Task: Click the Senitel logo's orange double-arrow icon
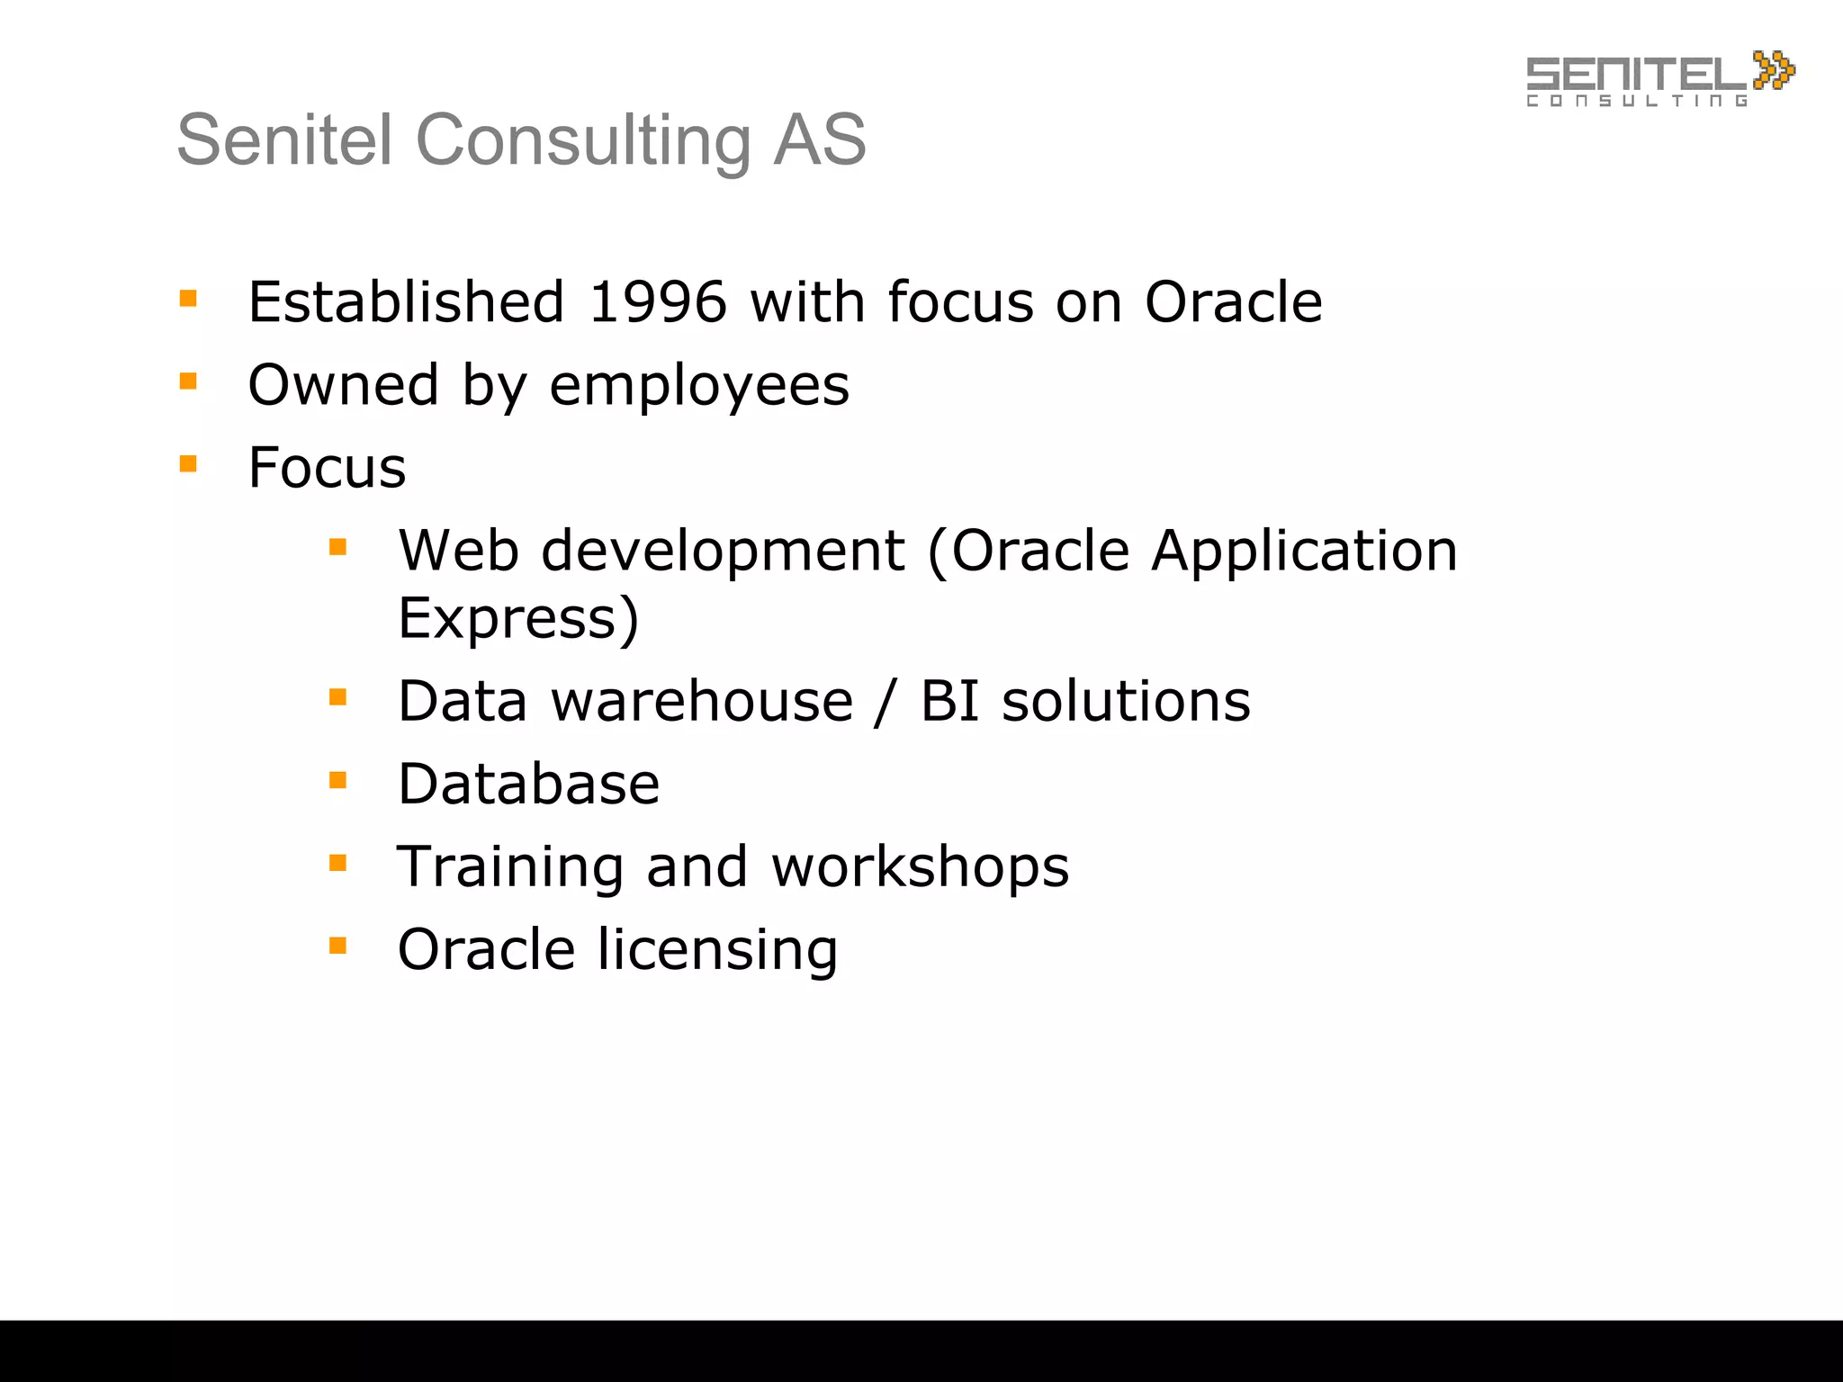pos(1773,70)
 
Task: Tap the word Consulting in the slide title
pos(583,141)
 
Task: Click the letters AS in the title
pos(819,141)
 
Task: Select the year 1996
pos(657,302)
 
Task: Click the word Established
pos(406,302)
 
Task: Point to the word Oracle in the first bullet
pos(1233,302)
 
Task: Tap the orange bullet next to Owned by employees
pos(188,381)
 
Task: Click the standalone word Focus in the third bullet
pos(327,468)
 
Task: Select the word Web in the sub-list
pos(458,551)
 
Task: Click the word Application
pos(1304,551)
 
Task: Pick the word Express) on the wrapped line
pos(518,619)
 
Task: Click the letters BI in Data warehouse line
pos(948,702)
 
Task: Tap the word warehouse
pos(702,702)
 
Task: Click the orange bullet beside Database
pos(337,780)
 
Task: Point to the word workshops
pos(920,867)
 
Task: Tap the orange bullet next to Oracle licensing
pos(337,946)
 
